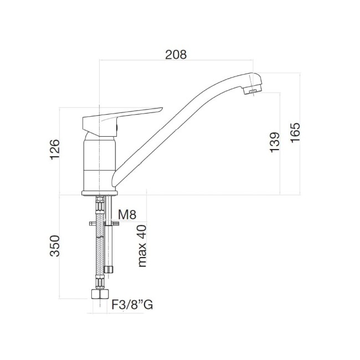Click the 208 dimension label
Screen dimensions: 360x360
click(x=176, y=54)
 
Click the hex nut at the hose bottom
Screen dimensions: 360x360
click(x=100, y=294)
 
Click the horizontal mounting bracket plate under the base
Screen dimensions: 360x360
click(x=104, y=224)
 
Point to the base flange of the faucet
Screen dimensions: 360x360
click(x=100, y=192)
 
